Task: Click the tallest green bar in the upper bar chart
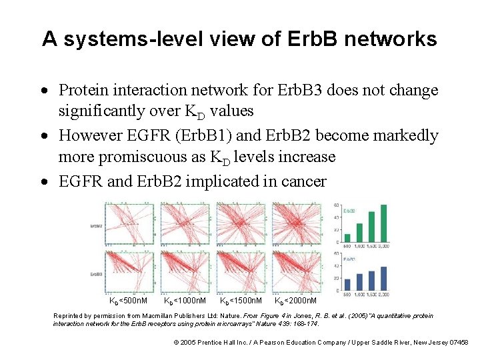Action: coord(383,224)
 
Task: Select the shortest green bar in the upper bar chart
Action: coord(347,240)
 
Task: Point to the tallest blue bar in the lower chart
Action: coord(383,276)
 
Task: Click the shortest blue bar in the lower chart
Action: coord(347,285)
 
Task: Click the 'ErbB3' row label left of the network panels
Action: coord(97,274)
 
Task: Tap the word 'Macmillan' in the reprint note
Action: coord(188,316)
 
